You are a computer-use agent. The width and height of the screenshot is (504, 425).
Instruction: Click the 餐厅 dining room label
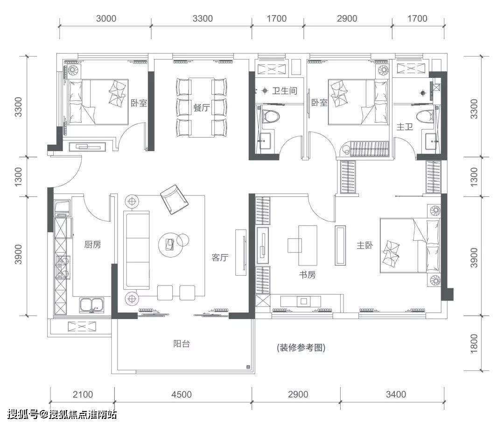[x=202, y=108]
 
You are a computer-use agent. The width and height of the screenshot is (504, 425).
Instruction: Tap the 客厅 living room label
[x=220, y=258]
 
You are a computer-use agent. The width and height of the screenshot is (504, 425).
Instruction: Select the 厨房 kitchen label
[x=92, y=245]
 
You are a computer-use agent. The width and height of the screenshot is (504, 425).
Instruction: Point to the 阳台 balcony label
[x=182, y=344]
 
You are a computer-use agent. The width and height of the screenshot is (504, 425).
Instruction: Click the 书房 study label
[x=308, y=275]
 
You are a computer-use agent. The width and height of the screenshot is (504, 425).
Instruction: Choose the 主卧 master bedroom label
[x=365, y=245]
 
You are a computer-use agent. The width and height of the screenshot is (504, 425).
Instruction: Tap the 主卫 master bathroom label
[x=405, y=127]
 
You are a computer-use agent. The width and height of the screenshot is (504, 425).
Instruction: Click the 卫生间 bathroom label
[x=285, y=91]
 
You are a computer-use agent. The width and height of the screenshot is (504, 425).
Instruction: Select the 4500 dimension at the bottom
[x=182, y=395]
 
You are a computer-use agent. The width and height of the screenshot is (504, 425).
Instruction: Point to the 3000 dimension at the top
[x=106, y=18]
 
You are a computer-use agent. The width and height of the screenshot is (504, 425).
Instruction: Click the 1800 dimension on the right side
[x=474, y=344]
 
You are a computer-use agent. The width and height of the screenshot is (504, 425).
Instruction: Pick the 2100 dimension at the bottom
[x=83, y=395]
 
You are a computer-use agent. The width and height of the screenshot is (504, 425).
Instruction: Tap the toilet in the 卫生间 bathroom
[x=269, y=116]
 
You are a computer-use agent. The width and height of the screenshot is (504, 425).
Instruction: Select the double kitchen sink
[x=92, y=305]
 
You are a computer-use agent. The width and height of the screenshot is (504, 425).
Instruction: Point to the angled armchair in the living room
[x=174, y=199]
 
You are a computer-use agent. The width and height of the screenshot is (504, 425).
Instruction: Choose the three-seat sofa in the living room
[x=137, y=250]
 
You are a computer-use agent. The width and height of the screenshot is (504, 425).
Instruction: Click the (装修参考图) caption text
[x=301, y=348]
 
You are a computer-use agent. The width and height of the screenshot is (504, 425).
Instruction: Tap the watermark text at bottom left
[x=62, y=414]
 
